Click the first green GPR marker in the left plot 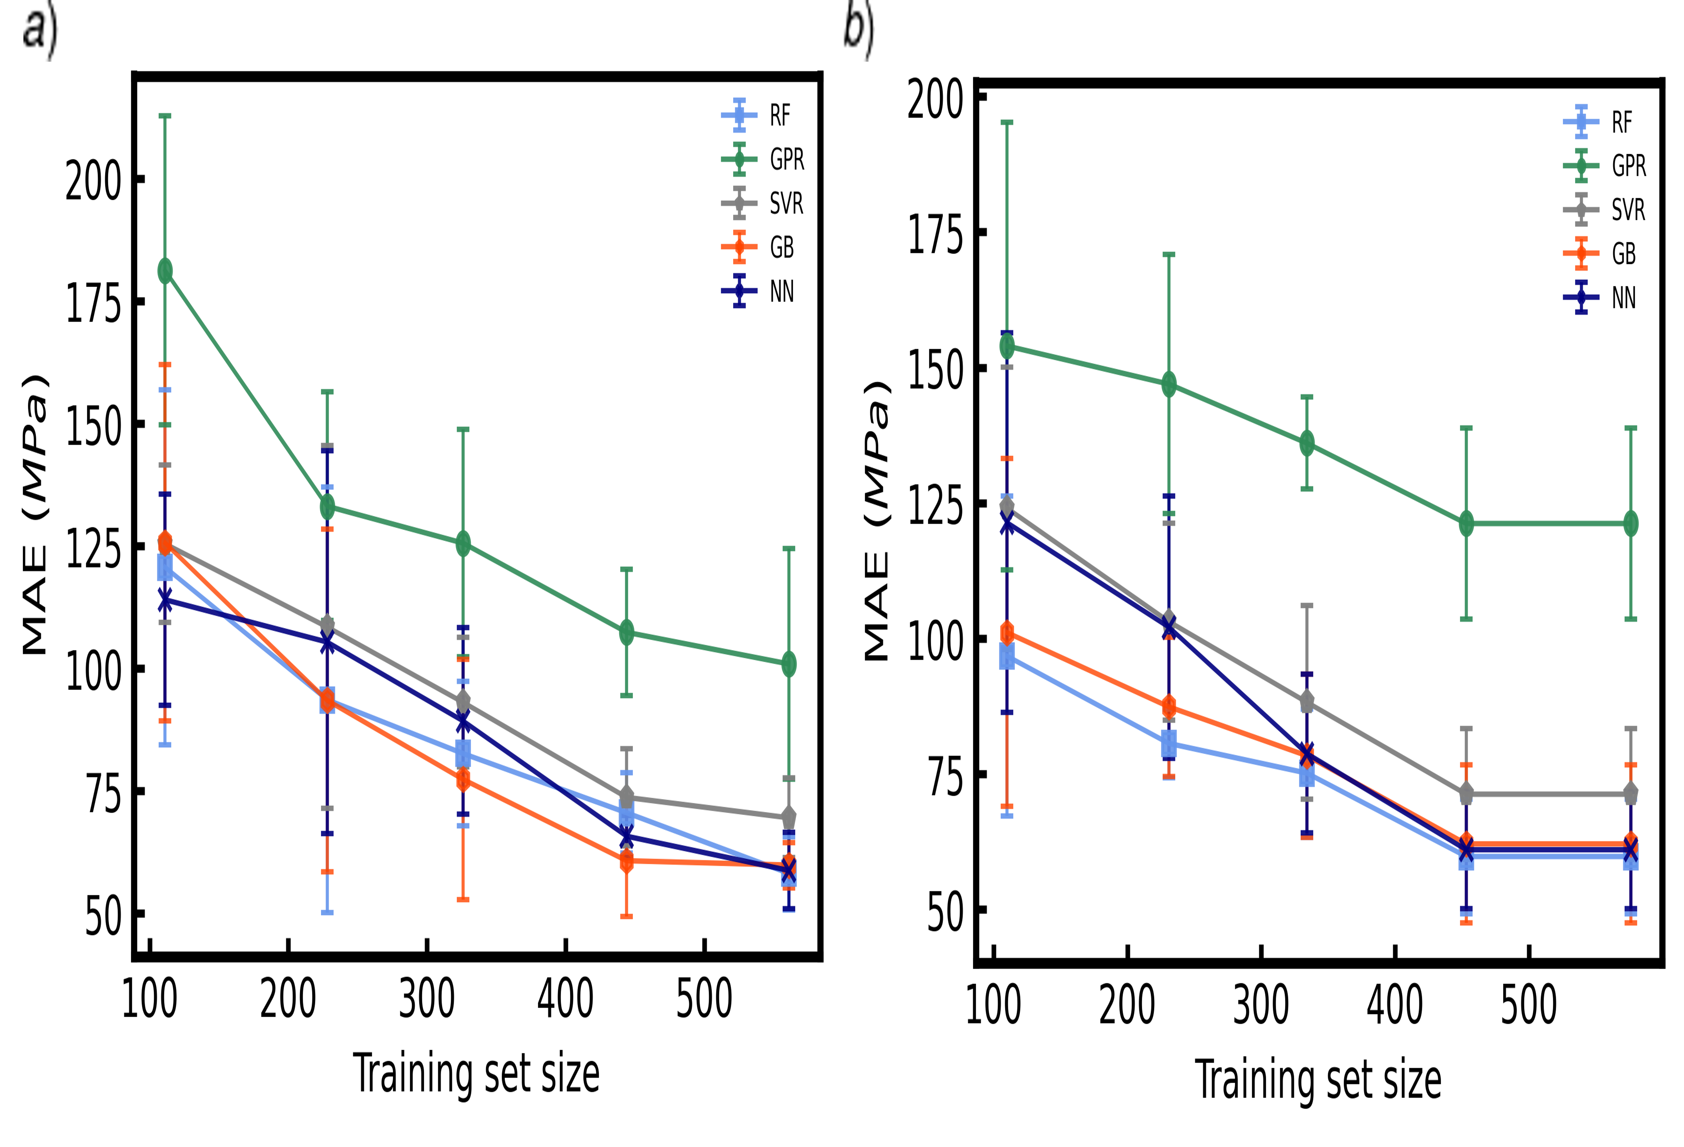[x=165, y=271]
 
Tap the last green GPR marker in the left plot [x=789, y=664]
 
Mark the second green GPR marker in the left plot [x=327, y=506]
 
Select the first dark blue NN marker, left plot [x=165, y=600]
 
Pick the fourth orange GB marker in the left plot [x=627, y=861]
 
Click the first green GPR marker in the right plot [x=1007, y=346]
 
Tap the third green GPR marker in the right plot [x=1307, y=443]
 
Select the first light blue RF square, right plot [x=1007, y=657]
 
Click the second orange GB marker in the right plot [x=1169, y=706]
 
